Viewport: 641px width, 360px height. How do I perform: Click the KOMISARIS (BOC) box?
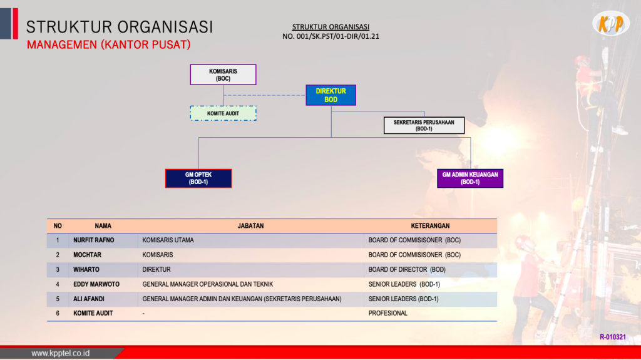pyautogui.click(x=223, y=75)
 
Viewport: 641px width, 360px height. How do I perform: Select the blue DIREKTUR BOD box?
pyautogui.click(x=331, y=95)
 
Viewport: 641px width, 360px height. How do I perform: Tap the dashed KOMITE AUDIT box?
pyautogui.click(x=223, y=113)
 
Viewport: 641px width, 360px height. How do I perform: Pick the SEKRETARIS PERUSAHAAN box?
pyautogui.click(x=424, y=125)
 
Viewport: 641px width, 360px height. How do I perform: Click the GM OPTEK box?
pyautogui.click(x=198, y=178)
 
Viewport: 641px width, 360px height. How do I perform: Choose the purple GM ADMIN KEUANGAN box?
pyautogui.click(x=470, y=178)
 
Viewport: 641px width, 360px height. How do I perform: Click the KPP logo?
pyautogui.click(x=611, y=23)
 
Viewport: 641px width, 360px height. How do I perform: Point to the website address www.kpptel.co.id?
pyautogui.click(x=61, y=353)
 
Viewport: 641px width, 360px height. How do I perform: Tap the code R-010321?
pyautogui.click(x=612, y=337)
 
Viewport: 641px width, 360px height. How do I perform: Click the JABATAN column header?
pyautogui.click(x=250, y=226)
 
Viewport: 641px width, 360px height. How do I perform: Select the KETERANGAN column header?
pyautogui.click(x=430, y=226)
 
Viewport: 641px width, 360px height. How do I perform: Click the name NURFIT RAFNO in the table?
pyautogui.click(x=94, y=240)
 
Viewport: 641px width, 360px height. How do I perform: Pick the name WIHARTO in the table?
pyautogui.click(x=86, y=270)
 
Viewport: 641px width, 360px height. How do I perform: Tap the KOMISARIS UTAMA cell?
pyautogui.click(x=168, y=240)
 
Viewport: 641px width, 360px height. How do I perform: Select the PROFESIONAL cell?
pyautogui.click(x=388, y=314)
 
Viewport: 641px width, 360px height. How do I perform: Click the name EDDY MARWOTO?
pyautogui.click(x=96, y=284)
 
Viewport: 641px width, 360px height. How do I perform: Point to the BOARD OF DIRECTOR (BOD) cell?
pyautogui.click(x=407, y=270)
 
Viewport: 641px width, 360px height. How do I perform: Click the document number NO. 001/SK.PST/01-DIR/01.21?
pyautogui.click(x=331, y=36)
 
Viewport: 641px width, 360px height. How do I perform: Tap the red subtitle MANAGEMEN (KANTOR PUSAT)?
pyautogui.click(x=109, y=44)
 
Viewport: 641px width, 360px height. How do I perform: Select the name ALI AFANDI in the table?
pyautogui.click(x=89, y=299)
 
